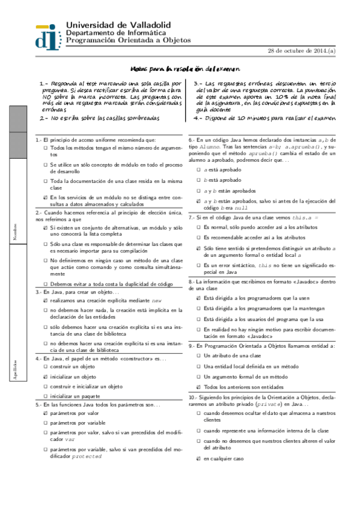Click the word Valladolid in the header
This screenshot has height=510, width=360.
(147, 24)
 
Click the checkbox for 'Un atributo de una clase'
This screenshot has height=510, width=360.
(198, 355)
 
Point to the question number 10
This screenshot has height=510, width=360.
(192, 398)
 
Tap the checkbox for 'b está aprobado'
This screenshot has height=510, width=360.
(198, 180)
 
